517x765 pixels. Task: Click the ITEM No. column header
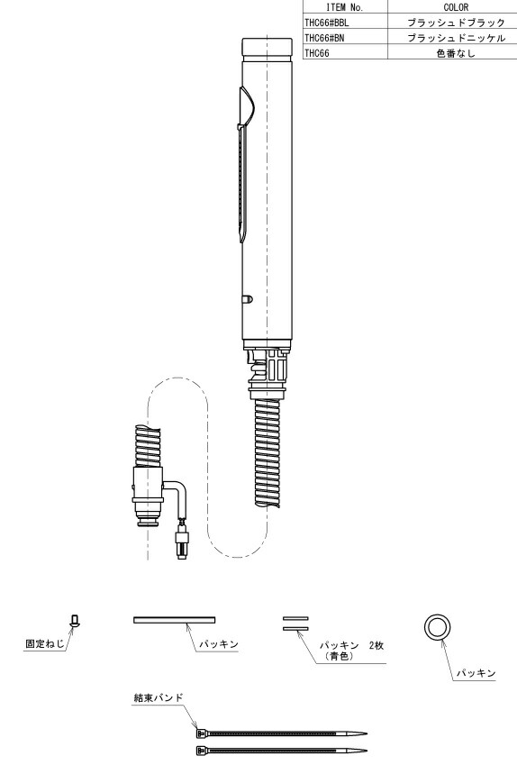pyautogui.click(x=345, y=7)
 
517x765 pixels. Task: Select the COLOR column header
pyautogui.click(x=456, y=7)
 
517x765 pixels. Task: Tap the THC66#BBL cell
pyautogui.click(x=327, y=23)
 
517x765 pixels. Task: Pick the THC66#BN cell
pyautogui.click(x=324, y=38)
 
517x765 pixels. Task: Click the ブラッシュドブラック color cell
pyautogui.click(x=456, y=23)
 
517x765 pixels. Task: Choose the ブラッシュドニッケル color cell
pyautogui.click(x=456, y=38)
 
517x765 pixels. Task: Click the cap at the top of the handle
pyautogui.click(x=268, y=48)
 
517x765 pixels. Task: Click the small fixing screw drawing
pyautogui.click(x=75, y=621)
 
